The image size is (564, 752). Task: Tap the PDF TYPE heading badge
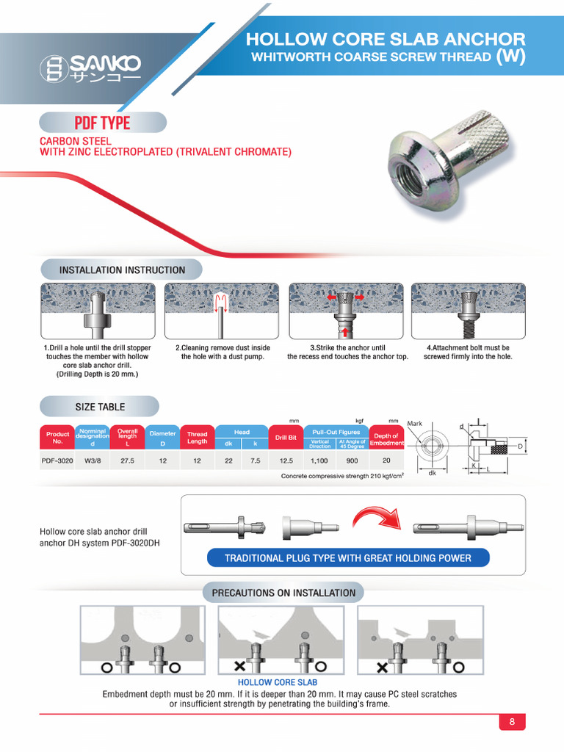click(x=102, y=123)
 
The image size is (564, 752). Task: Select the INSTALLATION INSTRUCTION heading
click(x=122, y=270)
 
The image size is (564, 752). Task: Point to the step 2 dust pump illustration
click(x=223, y=311)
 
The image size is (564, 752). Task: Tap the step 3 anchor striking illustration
click(x=347, y=311)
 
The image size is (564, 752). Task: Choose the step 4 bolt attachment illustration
click(x=468, y=311)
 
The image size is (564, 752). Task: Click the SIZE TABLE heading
click(x=100, y=407)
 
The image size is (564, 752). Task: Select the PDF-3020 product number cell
click(x=57, y=461)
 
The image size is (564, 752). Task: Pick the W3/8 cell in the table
click(x=93, y=461)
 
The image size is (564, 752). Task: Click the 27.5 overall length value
click(x=127, y=461)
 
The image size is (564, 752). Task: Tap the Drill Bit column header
click(x=286, y=438)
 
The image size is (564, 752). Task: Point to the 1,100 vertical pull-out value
click(x=320, y=461)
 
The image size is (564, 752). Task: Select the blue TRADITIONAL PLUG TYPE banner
click(x=348, y=558)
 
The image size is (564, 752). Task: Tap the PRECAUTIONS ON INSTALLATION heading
click(x=283, y=593)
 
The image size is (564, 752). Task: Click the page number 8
click(x=512, y=722)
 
